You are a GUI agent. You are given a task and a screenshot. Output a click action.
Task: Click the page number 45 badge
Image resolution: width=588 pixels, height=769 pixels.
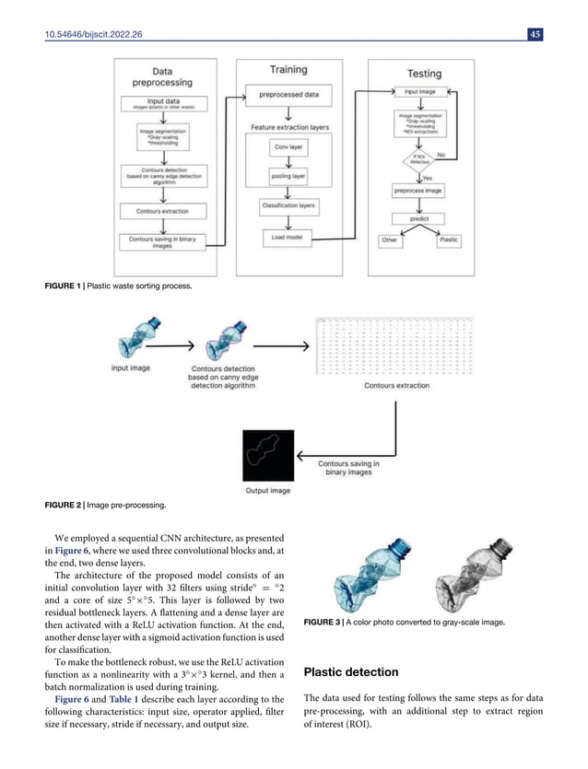[535, 35]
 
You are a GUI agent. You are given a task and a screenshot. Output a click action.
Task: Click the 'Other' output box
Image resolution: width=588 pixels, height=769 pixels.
[391, 240]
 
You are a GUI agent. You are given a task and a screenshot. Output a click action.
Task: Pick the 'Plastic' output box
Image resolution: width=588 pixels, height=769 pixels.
[448, 240]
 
